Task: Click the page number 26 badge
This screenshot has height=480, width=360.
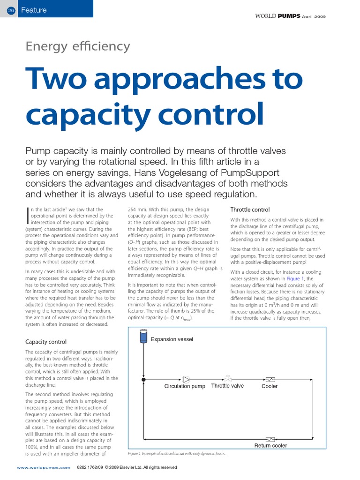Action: click(x=11, y=10)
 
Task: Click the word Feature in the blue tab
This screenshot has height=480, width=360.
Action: click(x=34, y=10)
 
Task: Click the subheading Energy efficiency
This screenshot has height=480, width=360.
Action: click(x=77, y=46)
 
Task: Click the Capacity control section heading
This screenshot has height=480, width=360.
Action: click(x=46, y=342)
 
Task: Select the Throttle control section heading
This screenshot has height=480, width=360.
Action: click(x=250, y=210)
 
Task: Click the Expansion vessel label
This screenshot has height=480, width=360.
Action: click(x=172, y=339)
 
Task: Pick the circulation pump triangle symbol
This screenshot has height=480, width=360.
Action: click(x=186, y=379)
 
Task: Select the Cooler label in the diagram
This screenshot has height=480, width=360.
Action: click(x=269, y=386)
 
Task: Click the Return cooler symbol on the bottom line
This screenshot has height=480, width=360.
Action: click(x=270, y=439)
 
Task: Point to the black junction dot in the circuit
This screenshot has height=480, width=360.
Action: click(x=143, y=379)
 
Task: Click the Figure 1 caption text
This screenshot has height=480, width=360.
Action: click(x=176, y=454)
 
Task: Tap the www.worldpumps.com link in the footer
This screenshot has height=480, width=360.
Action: click(x=44, y=467)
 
